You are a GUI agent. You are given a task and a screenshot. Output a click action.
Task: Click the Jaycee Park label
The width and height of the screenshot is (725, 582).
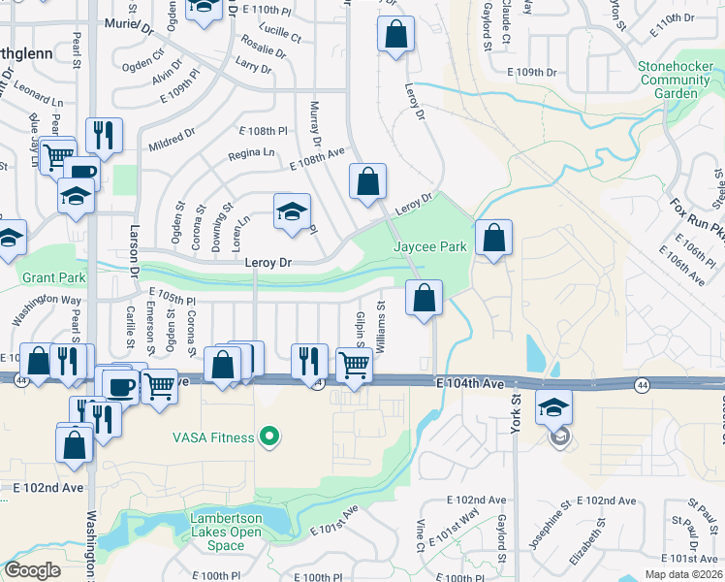coord(430,247)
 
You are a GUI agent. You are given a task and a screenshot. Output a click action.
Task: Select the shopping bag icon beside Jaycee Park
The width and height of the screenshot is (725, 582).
coord(493,237)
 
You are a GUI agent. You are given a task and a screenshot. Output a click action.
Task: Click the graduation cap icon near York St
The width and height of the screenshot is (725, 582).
coord(553,404)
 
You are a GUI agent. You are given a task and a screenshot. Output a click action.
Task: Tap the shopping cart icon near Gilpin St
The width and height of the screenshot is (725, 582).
coord(355,365)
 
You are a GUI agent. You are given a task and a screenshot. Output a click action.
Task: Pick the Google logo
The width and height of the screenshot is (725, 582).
coord(33,570)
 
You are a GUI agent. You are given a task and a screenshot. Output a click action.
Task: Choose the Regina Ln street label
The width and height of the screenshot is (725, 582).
coord(251,153)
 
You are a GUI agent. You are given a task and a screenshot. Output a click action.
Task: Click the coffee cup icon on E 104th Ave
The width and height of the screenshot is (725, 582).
coord(121,385)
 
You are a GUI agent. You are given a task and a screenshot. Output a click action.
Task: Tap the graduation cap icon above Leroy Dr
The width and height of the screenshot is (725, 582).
coord(292,212)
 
